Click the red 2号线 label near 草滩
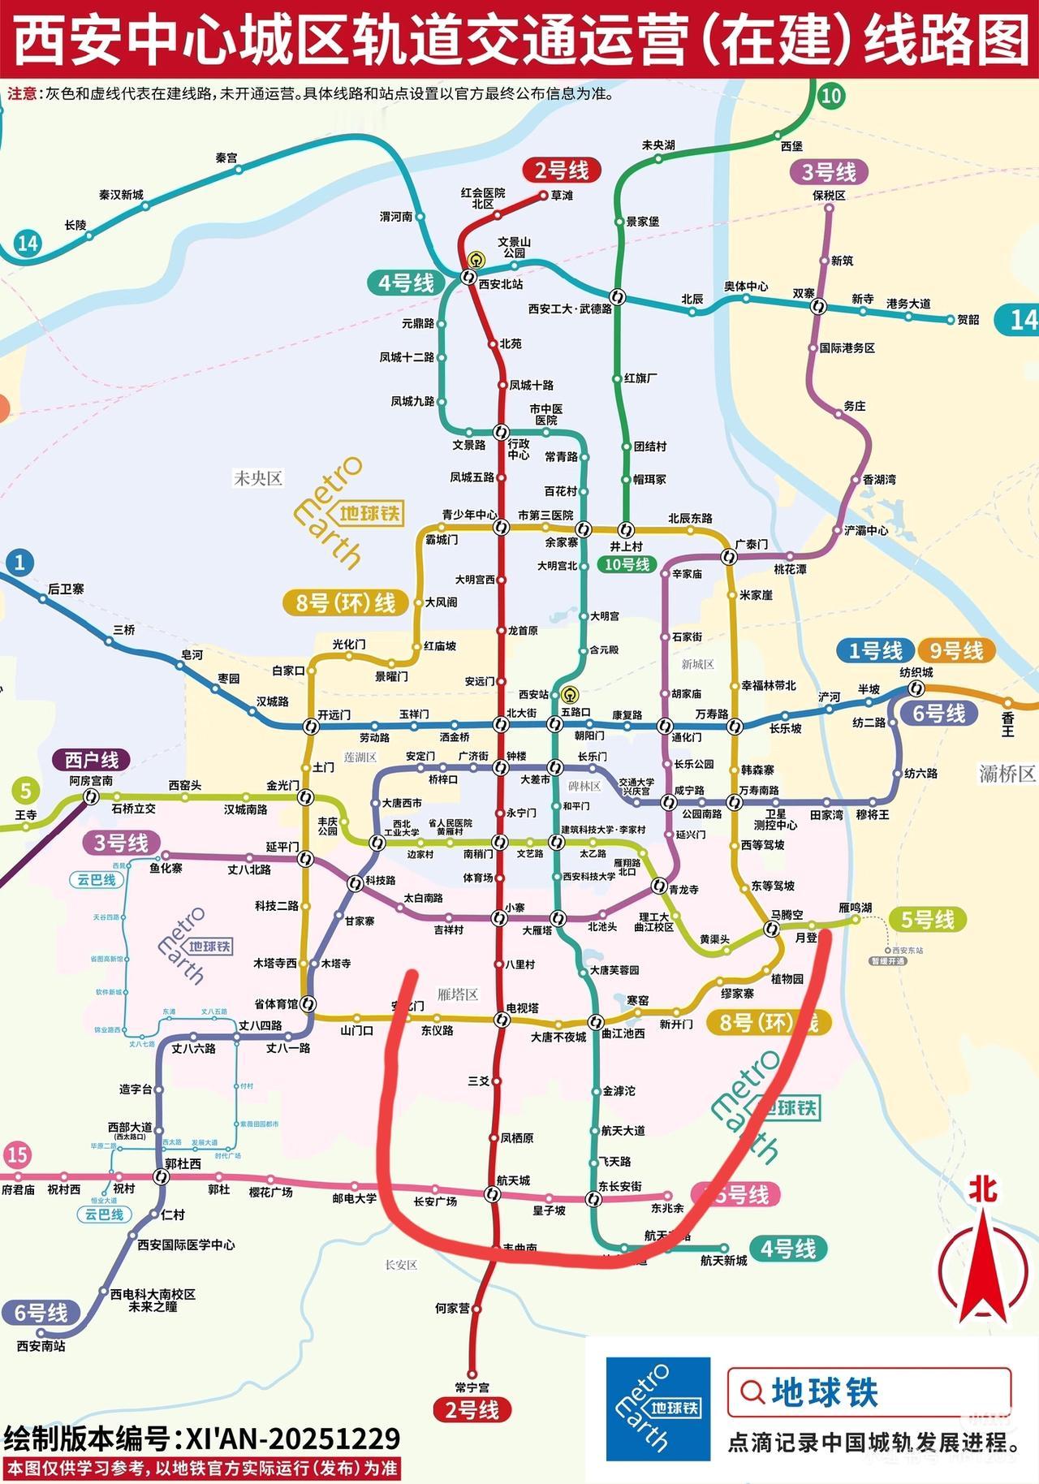[561, 170]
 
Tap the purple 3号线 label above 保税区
[828, 172]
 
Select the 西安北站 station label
[501, 284]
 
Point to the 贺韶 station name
[968, 320]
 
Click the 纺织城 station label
[916, 672]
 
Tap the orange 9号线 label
[956, 651]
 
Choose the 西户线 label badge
[92, 760]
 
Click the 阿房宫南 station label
[91, 780]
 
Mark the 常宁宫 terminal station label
[472, 1387]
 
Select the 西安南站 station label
[41, 1346]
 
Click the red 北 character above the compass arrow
[983, 1190]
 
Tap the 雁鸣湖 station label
[855, 908]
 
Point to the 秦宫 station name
[226, 157]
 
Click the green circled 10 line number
[830, 96]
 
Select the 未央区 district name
[257, 478]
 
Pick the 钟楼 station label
[516, 756]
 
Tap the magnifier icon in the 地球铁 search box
[752, 1392]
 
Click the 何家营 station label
[452, 1308]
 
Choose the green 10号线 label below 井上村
[627, 564]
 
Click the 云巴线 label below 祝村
[104, 1214]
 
